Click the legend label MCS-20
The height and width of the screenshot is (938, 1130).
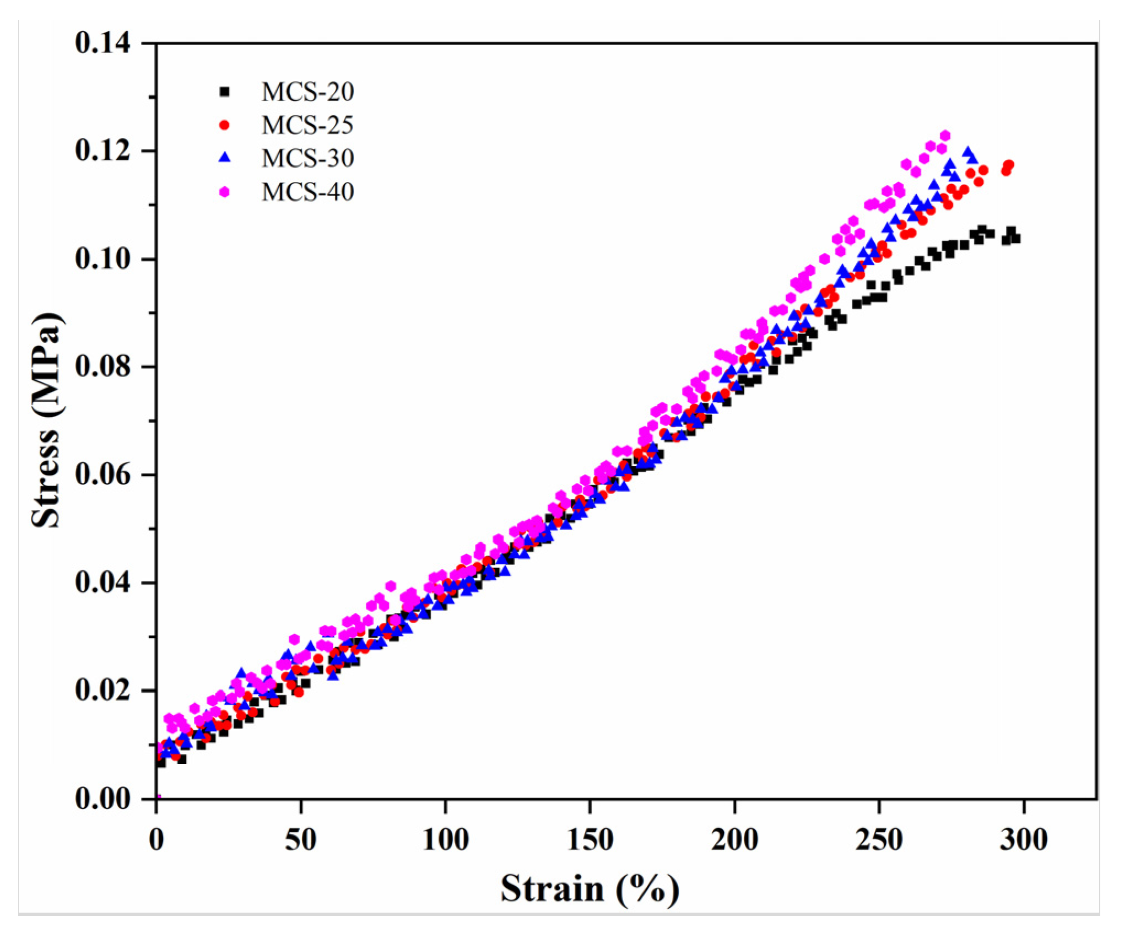click(x=307, y=92)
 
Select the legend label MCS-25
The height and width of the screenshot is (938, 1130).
click(x=307, y=126)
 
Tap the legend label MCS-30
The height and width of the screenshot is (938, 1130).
click(x=307, y=159)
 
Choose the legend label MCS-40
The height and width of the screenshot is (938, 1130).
click(x=307, y=192)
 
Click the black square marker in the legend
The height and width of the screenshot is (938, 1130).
click(x=224, y=92)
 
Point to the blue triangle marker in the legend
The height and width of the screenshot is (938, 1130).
click(x=224, y=158)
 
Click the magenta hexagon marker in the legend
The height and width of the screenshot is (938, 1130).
click(x=224, y=192)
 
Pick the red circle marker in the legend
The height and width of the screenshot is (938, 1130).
click(x=224, y=125)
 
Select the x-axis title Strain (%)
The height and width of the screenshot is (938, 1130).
click(x=590, y=888)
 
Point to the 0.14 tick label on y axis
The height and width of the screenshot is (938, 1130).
click(x=103, y=43)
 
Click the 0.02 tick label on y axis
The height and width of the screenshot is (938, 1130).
click(x=103, y=691)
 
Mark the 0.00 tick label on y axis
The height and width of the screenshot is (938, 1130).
click(x=103, y=799)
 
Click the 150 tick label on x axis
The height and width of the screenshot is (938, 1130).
click(x=590, y=840)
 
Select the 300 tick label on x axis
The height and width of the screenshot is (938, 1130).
click(x=1024, y=840)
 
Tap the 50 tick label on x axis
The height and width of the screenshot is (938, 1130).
click(x=301, y=840)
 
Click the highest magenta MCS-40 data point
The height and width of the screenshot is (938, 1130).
click(x=945, y=136)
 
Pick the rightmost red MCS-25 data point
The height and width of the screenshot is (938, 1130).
click(x=1009, y=165)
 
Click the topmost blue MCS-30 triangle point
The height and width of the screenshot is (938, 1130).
click(x=967, y=152)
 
